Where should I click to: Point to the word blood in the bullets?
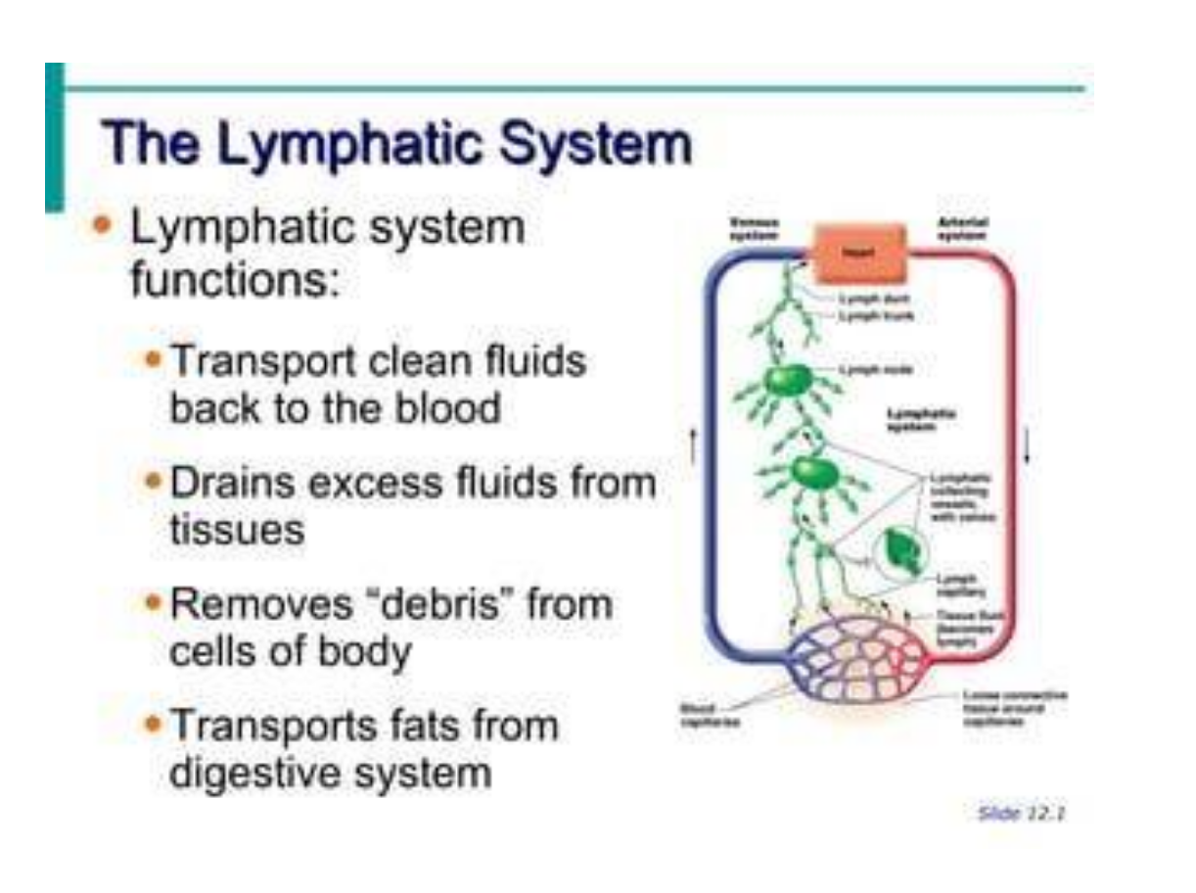[447, 407]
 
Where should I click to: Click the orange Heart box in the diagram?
[859, 253]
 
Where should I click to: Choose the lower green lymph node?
[814, 473]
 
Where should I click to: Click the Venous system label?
[755, 229]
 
